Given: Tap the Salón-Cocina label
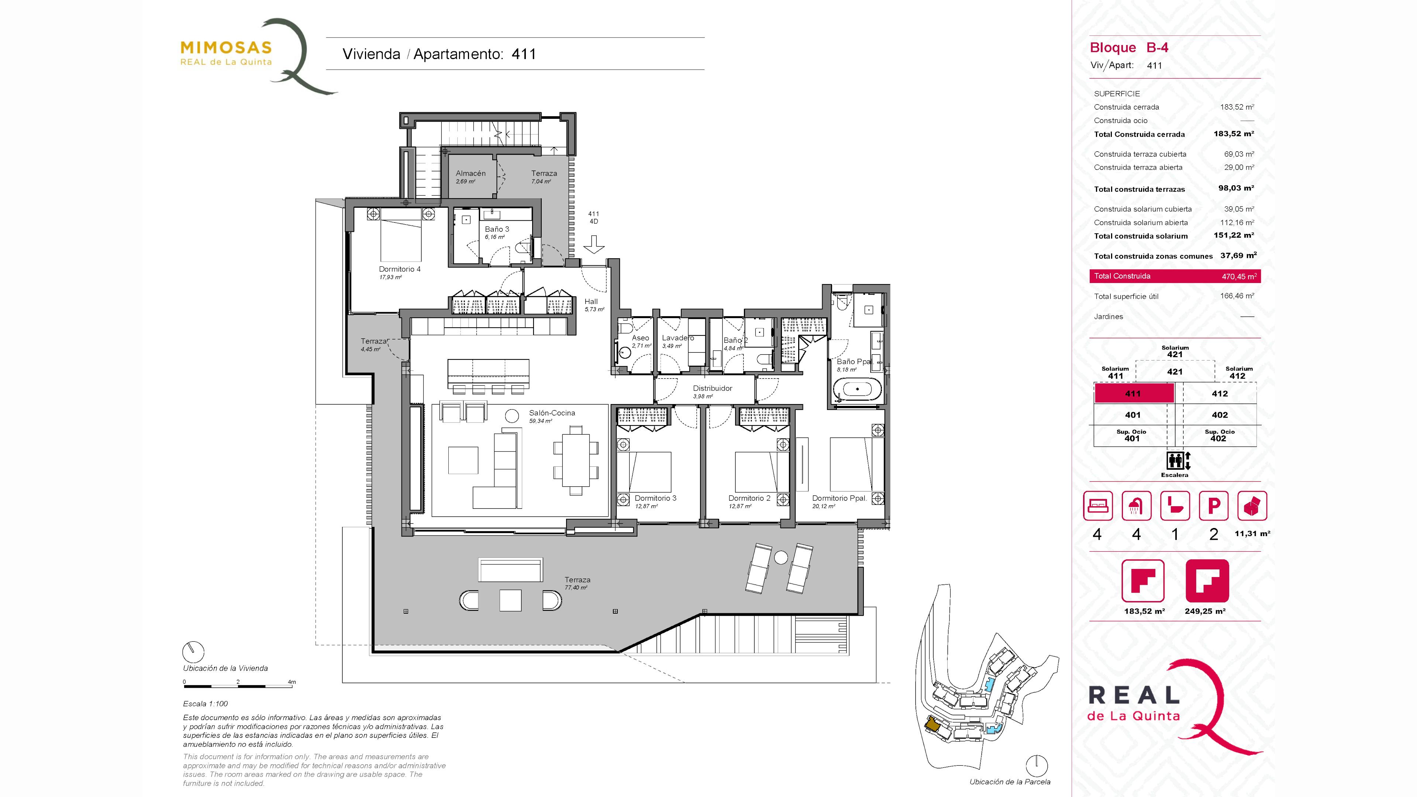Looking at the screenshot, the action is tap(552, 413).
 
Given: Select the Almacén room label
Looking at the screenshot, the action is tap(470, 173).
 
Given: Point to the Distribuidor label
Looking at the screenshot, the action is tap(712, 388).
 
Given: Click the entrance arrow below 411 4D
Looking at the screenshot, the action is tap(593, 244).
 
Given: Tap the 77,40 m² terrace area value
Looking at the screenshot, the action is tap(576, 587).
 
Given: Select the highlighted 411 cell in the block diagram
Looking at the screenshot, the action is tap(1134, 393).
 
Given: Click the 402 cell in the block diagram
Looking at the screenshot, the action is tap(1220, 415).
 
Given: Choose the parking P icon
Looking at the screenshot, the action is tap(1213, 506).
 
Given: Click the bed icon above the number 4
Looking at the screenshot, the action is tap(1097, 506).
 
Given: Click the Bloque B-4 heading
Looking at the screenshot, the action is tap(1129, 48).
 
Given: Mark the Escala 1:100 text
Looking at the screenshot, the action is tap(205, 704).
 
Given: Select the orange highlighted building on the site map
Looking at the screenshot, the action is tap(932, 724).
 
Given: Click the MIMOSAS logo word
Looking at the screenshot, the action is tap(226, 48).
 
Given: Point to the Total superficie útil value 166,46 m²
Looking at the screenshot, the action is tap(1237, 296).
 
